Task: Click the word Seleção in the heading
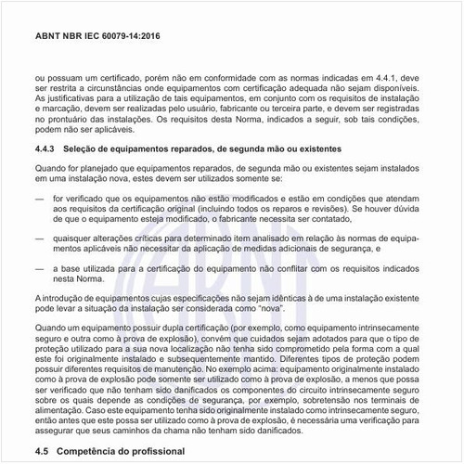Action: [89, 148]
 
